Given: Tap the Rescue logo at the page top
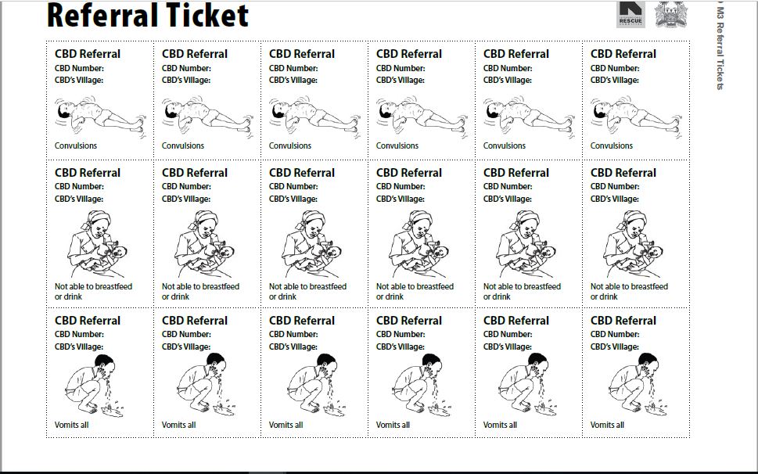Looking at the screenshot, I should click(x=630, y=13).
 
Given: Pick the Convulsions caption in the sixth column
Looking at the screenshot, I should click(x=612, y=145).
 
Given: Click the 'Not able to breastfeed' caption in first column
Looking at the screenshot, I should click(x=93, y=286).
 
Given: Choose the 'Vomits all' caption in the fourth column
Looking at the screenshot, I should click(x=393, y=425).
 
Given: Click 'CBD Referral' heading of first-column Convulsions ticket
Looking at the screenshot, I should click(x=88, y=54).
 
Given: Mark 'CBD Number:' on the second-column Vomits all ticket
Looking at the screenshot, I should click(x=186, y=335).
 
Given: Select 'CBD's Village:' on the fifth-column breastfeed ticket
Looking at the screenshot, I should click(x=508, y=199).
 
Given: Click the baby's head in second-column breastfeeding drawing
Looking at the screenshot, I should click(x=225, y=253).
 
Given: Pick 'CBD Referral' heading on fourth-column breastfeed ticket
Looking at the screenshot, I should click(x=409, y=173).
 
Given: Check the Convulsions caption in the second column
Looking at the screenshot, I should click(x=183, y=145).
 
